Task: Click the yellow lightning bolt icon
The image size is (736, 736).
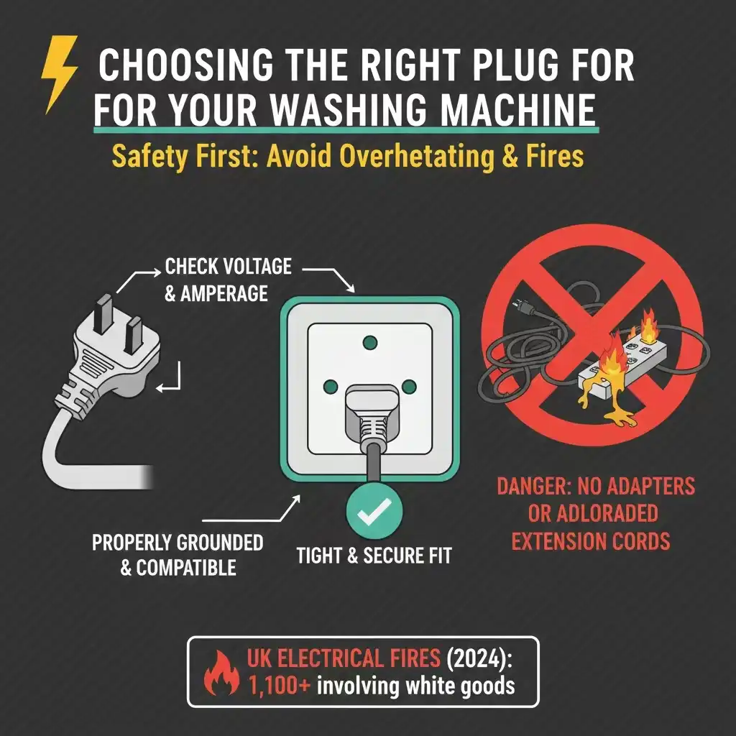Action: click(x=60, y=83)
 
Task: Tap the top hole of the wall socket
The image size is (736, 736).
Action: click(x=371, y=342)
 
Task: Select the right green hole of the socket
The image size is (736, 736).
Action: click(x=410, y=388)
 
